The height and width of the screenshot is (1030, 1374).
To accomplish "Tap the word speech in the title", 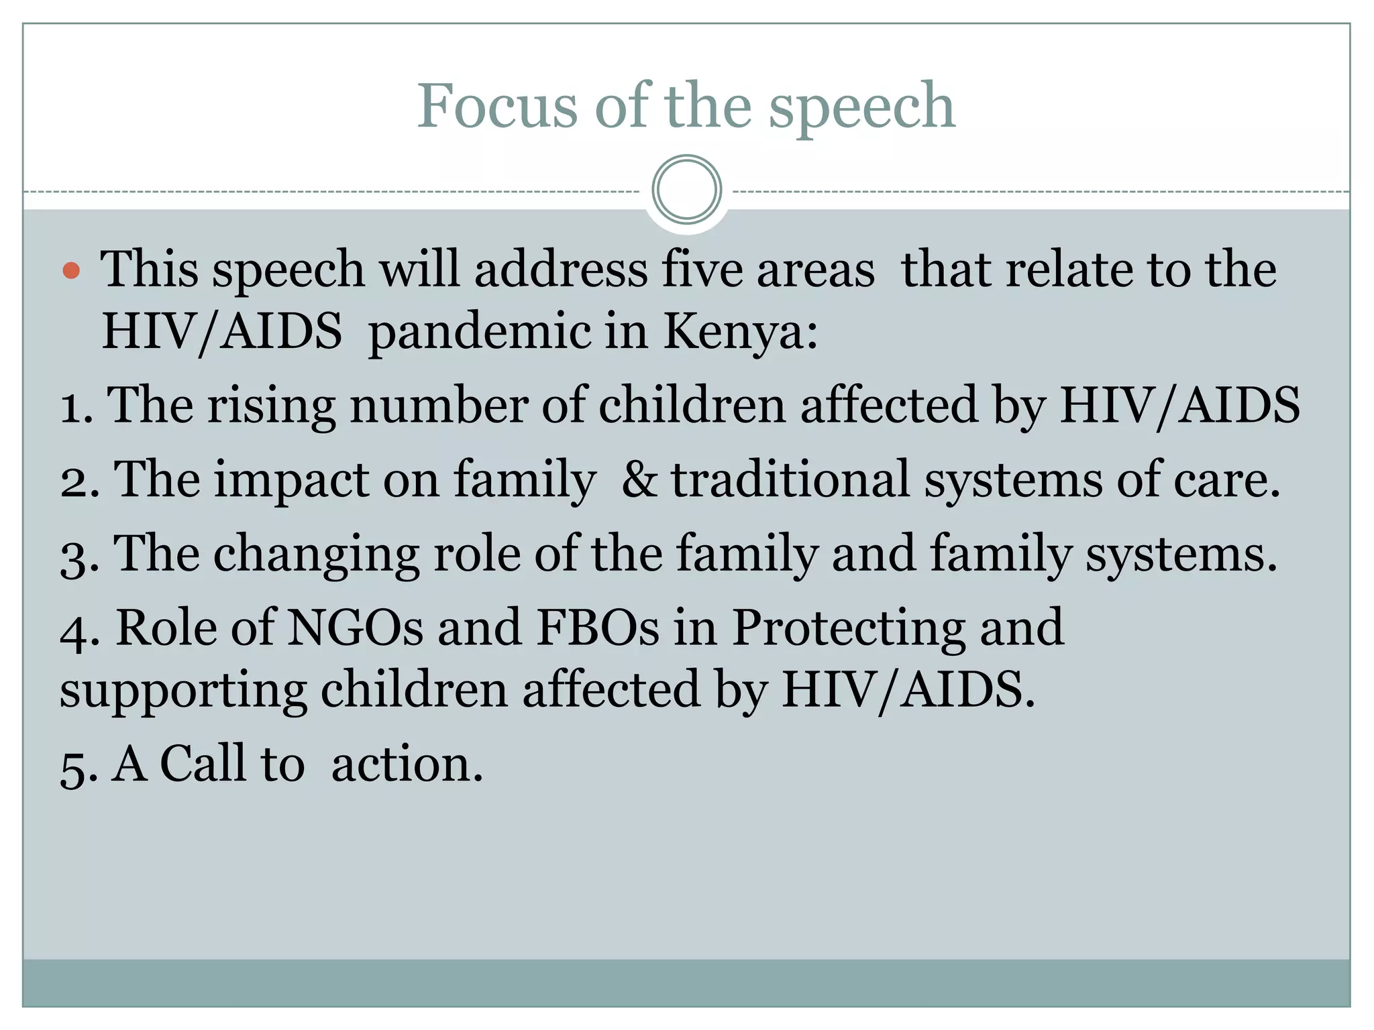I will pos(861,107).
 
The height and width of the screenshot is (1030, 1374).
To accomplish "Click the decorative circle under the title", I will pos(686,190).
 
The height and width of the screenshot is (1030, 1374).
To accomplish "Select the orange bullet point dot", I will pos(71,271).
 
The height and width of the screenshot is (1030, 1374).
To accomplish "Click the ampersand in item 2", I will pos(639,480).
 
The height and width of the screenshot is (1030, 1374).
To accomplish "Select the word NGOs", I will pos(356,628).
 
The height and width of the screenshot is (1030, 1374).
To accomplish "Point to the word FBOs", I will pos(598,628).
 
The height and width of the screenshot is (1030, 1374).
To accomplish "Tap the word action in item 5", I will pos(407,764).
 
